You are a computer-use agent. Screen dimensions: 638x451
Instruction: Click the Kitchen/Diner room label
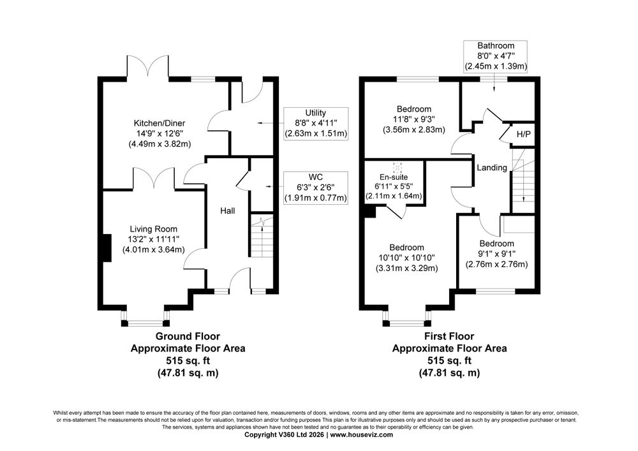click(x=159, y=123)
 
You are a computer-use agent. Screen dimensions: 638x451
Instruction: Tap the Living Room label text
click(x=153, y=229)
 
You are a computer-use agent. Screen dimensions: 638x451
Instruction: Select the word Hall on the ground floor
click(x=228, y=211)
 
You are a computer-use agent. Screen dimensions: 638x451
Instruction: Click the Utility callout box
click(x=316, y=123)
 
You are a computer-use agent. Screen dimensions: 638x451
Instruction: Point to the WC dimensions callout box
click(x=316, y=188)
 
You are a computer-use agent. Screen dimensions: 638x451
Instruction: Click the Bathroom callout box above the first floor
click(x=496, y=56)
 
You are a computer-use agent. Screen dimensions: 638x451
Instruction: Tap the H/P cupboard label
click(x=524, y=134)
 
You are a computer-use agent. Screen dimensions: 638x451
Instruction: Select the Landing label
click(x=492, y=168)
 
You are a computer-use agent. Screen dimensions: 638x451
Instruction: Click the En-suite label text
click(x=394, y=177)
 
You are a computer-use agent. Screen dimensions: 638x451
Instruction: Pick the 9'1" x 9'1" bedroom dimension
click(x=496, y=254)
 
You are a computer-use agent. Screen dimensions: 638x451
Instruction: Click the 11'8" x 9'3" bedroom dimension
click(x=414, y=119)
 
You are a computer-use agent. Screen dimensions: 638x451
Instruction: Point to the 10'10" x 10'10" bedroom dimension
click(x=406, y=258)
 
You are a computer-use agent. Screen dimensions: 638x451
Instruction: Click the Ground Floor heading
click(x=188, y=336)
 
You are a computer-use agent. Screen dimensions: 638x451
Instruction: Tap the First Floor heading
click(x=449, y=336)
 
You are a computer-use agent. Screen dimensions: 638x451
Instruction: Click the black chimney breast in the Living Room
click(x=107, y=248)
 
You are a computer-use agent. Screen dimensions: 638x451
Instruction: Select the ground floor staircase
click(x=261, y=236)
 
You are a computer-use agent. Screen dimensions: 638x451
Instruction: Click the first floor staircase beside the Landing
click(x=523, y=181)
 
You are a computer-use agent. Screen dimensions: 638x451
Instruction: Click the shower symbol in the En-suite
click(x=397, y=167)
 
